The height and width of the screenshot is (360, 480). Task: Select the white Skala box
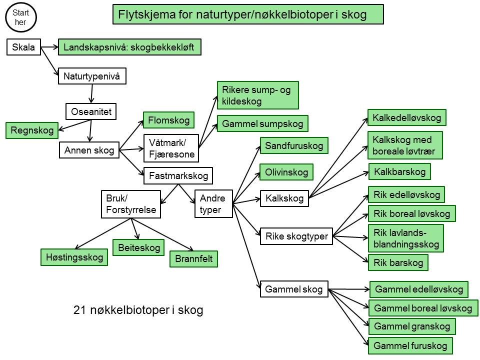[23, 47]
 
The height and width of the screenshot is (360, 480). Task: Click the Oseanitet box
[91, 111]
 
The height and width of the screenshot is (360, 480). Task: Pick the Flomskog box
[168, 120]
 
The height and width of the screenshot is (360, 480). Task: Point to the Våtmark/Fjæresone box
[171, 148]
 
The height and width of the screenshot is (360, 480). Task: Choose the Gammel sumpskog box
[262, 123]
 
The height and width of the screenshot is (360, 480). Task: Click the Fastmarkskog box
[178, 175]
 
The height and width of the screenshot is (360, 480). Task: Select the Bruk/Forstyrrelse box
[131, 204]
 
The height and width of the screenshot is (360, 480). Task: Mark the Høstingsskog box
[74, 257]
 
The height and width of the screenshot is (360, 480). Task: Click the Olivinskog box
[286, 172]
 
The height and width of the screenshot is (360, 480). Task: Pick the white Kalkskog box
[284, 198]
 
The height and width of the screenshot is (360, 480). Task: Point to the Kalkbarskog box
[399, 171]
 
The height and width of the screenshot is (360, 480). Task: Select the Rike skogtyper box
[296, 236]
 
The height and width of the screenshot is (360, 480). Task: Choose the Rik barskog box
[398, 262]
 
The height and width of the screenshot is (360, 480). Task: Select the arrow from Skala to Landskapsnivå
[49, 47]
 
